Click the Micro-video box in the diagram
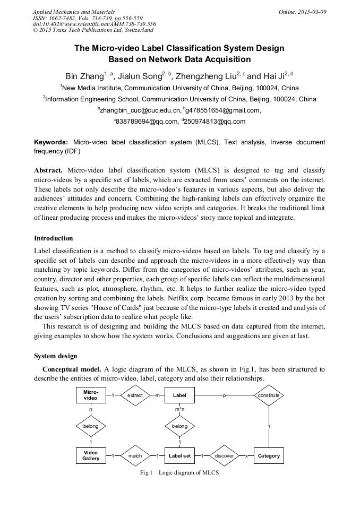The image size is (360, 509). point(91,395)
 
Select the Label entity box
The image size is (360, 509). point(179,395)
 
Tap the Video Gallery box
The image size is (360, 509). point(91,455)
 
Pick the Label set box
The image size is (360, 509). point(179,455)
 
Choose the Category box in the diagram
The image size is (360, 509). point(269,455)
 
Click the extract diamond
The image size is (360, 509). point(135,395)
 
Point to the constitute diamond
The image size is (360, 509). point(269,395)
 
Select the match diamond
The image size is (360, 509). point(135,455)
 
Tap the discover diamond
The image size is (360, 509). point(224,455)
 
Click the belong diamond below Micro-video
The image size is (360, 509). point(91,425)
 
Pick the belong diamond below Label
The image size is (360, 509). point(179,425)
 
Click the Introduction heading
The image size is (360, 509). point(54,238)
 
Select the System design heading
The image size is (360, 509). point(55,356)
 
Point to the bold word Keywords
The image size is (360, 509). point(51,142)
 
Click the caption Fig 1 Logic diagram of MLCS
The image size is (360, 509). point(179,472)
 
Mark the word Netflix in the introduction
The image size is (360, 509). point(198,298)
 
